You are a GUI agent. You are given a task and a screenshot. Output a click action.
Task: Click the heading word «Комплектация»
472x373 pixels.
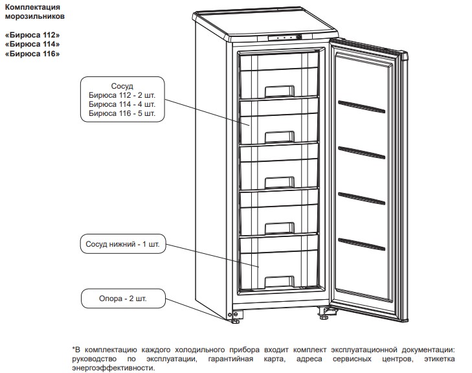click(x=32, y=7)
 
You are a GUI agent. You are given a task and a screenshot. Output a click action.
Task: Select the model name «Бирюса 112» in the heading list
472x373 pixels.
click(x=32, y=35)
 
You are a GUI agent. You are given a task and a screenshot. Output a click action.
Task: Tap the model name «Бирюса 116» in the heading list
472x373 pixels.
click(x=32, y=54)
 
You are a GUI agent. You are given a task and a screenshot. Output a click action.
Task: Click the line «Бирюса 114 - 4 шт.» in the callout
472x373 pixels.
click(x=122, y=104)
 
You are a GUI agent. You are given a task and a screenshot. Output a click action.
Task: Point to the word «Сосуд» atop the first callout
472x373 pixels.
click(x=122, y=86)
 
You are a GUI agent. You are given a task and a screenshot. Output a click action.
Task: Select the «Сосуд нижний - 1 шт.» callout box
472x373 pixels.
click(x=123, y=244)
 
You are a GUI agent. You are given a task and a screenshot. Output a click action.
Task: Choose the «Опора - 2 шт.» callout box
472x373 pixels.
click(x=123, y=299)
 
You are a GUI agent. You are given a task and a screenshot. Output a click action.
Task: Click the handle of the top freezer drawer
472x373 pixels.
click(x=279, y=91)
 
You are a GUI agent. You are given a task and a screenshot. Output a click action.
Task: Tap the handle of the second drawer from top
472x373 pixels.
click(x=279, y=137)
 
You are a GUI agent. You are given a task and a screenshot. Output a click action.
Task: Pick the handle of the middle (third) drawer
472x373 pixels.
click(x=279, y=183)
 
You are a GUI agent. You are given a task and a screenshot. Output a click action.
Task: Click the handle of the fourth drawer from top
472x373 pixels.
click(x=279, y=228)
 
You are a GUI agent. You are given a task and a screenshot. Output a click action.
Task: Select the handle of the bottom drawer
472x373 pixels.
click(x=279, y=282)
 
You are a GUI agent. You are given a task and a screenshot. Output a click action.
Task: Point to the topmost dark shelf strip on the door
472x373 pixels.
click(x=361, y=107)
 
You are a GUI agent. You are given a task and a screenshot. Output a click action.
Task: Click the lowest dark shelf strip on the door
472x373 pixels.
click(x=361, y=244)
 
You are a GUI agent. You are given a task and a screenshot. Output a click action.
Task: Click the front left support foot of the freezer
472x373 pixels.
click(x=235, y=321)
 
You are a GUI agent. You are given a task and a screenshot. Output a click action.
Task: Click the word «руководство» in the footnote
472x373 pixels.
click(x=95, y=359)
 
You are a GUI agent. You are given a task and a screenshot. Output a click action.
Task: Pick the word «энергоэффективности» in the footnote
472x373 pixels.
click(x=113, y=368)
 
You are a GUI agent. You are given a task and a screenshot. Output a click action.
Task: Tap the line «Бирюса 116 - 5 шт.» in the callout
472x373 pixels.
click(x=122, y=113)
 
